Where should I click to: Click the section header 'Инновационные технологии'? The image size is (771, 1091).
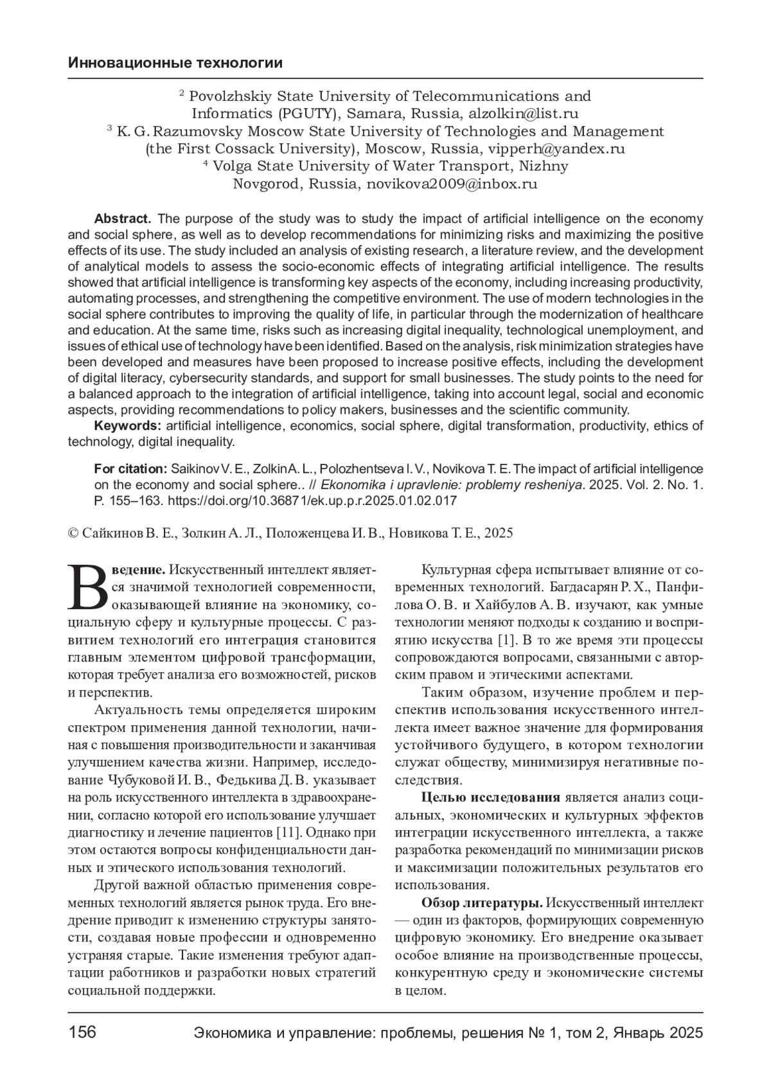175,63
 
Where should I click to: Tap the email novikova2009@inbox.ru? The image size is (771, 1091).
452,184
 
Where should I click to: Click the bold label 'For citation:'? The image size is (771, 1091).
130,468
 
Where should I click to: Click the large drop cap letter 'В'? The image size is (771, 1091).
88,587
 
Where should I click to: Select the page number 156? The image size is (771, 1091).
82,1032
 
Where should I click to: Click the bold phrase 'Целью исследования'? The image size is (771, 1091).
490,797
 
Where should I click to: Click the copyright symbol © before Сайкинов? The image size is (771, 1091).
73,533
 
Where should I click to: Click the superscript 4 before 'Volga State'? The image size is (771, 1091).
206,163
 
